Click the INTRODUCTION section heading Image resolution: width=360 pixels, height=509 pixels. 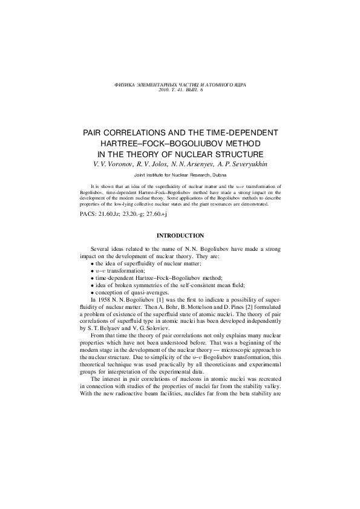(180, 235)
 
